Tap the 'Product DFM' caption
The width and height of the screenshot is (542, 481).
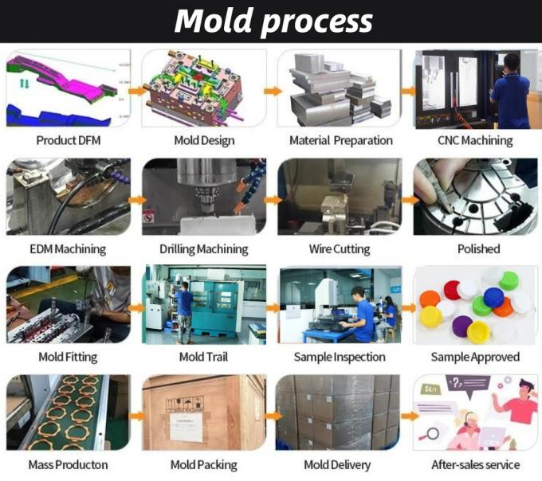[69, 141]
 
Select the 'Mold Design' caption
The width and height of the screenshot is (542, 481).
[204, 141]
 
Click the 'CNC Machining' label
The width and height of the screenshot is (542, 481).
[475, 141]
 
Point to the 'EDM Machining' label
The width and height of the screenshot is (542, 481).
[68, 249]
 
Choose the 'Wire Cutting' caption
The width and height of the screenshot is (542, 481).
[340, 249]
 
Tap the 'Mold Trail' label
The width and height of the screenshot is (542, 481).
[203, 357]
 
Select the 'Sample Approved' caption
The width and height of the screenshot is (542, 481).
[475, 357]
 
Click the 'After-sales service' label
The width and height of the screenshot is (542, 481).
[475, 464]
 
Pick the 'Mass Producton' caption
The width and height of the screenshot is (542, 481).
[68, 464]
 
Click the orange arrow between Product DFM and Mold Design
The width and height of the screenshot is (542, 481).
[137, 90]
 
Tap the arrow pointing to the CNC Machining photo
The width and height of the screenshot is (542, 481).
[407, 90]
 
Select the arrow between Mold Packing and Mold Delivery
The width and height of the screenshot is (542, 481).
[272, 415]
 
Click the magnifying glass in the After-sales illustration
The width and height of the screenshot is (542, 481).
[434, 434]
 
